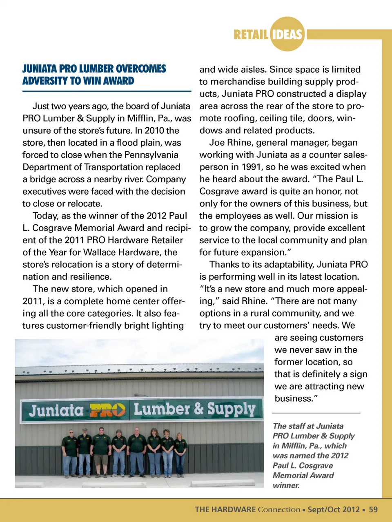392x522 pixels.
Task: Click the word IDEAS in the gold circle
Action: point(287,34)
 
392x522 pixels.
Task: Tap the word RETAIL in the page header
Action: point(251,35)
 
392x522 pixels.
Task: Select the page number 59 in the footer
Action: point(373,509)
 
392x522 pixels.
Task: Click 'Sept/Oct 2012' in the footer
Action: point(334,509)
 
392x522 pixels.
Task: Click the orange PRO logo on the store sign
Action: point(107,410)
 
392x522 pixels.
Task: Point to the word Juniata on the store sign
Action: point(56,410)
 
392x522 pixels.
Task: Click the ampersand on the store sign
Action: point(198,409)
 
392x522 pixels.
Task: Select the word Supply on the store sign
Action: point(231,409)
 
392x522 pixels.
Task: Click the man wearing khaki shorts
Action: point(100,451)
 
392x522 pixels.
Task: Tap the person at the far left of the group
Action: point(71,453)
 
